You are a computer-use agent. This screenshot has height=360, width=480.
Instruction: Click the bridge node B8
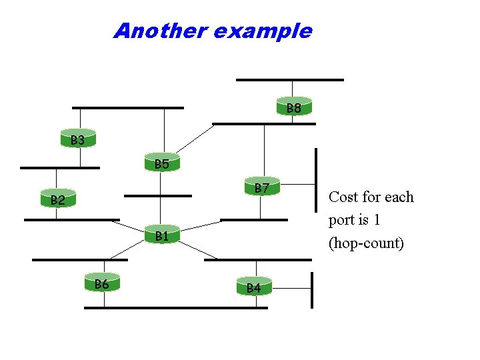click(x=293, y=107)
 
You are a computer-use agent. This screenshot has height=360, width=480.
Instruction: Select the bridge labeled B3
click(x=78, y=139)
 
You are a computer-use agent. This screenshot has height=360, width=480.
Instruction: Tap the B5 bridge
click(x=161, y=163)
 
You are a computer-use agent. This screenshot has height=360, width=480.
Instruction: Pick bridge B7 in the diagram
click(x=261, y=188)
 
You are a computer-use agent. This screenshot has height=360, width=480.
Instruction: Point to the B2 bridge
click(x=57, y=199)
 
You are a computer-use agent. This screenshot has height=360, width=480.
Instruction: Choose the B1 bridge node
click(x=162, y=235)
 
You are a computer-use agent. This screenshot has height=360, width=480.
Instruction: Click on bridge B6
click(x=102, y=283)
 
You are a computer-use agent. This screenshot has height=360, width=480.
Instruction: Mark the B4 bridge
click(x=253, y=287)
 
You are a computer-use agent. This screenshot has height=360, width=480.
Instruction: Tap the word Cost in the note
click(x=343, y=197)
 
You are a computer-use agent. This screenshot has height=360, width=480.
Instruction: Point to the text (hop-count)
click(x=366, y=243)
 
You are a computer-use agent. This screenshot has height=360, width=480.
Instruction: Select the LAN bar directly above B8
click(x=289, y=80)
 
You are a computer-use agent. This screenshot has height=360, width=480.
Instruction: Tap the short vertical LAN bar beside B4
click(x=312, y=289)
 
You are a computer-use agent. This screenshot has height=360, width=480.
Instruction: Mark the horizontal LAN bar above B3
click(x=127, y=107)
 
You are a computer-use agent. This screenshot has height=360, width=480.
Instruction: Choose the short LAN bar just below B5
click(x=157, y=196)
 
